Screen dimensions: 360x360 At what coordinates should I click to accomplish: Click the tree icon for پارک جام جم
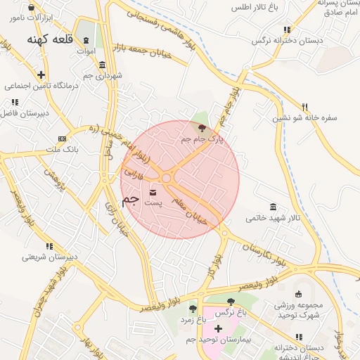tap(202, 128)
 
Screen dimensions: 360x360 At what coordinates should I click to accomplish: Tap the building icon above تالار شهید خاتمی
tap(273, 206)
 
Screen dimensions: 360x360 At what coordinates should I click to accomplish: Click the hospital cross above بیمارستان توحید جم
tap(218, 328)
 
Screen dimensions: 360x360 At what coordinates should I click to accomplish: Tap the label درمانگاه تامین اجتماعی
tap(41, 86)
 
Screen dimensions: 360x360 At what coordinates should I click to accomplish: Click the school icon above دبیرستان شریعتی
tap(49, 246)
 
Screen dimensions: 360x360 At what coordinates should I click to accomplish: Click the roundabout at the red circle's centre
tap(167, 179)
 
